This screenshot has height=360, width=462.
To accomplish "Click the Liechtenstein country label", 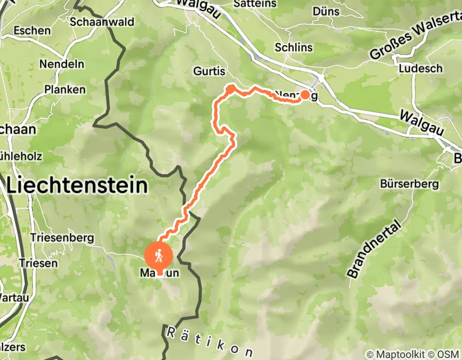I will pos(77,185).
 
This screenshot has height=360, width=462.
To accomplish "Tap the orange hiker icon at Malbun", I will pos(159,255).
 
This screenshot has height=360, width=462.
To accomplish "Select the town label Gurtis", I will pos(209,71).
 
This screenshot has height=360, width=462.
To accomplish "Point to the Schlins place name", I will pos(294,47).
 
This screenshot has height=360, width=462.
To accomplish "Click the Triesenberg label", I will pos(62,238).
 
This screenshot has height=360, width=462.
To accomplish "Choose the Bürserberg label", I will pos(409,184).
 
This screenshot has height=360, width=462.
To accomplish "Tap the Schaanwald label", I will pos(102,22).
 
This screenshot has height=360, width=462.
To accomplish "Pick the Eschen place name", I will pos(32,31).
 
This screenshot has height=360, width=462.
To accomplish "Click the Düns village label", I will pos(326,11).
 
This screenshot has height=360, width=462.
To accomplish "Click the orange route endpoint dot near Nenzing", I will pos(305,94).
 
